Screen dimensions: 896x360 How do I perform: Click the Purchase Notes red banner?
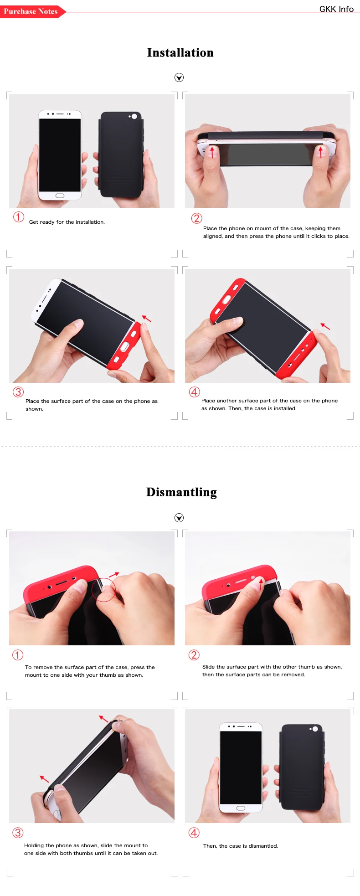click(31, 11)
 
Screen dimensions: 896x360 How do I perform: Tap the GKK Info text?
click(336, 9)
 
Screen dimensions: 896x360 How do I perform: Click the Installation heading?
click(180, 53)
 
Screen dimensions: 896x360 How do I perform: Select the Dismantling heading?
click(181, 492)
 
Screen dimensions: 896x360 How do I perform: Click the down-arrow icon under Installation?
click(179, 77)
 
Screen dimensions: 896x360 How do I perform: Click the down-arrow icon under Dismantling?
click(179, 518)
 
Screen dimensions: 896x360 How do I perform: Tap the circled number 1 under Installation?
click(19, 217)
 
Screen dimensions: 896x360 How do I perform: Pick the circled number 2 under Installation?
click(196, 218)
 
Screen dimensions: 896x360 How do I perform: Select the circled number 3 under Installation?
click(18, 392)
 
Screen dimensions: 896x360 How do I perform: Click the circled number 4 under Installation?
click(195, 392)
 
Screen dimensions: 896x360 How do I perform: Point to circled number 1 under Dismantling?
click(18, 655)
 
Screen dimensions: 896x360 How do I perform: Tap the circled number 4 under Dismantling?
click(194, 833)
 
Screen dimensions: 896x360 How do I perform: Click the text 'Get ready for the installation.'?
click(67, 222)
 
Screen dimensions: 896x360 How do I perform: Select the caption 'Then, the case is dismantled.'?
click(241, 846)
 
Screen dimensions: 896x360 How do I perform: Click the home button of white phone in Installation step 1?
click(60, 196)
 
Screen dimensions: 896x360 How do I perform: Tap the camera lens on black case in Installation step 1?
click(134, 117)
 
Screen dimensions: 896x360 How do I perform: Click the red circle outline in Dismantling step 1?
click(104, 590)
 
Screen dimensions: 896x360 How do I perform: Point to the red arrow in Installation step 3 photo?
click(146, 319)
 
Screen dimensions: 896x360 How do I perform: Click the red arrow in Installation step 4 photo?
click(325, 326)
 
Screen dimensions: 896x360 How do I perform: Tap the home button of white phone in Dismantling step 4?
click(241, 808)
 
